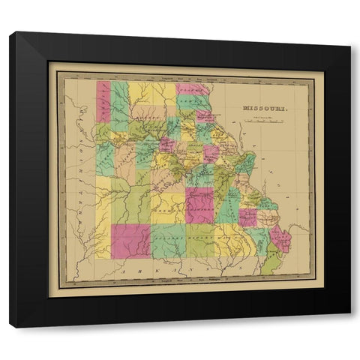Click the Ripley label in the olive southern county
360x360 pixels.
tap(200, 241)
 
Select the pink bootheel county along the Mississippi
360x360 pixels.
tap(281, 239)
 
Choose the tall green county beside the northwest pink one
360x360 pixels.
tap(119, 105)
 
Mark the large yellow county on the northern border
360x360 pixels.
tap(152, 94)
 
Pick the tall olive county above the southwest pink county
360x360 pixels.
tap(137, 204)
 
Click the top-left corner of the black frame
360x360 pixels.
tap(10, 33)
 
